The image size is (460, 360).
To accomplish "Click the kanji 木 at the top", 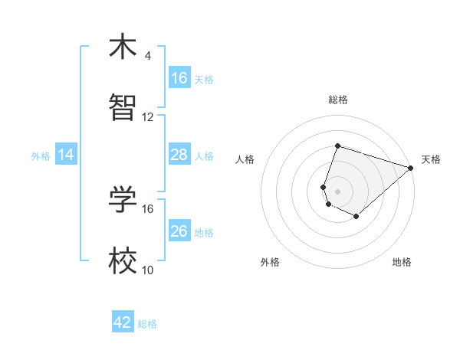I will tap(123, 48).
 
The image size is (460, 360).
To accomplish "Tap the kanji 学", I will tap(123, 201).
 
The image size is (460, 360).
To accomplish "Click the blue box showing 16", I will tap(179, 78).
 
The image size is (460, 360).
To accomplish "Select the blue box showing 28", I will tap(179, 155).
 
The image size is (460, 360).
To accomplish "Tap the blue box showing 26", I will tap(179, 231).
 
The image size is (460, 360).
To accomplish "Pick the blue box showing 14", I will tap(66, 155).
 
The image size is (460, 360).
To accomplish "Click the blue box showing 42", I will tap(123, 322).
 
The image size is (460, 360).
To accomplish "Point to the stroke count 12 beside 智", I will tap(148, 116).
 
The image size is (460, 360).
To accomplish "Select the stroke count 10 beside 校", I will tap(148, 270).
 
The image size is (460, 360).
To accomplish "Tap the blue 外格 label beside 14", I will tap(41, 155).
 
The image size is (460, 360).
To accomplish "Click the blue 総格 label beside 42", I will tap(147, 323).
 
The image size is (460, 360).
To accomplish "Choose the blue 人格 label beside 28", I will tap(204, 155).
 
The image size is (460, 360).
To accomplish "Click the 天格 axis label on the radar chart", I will tap(431, 159).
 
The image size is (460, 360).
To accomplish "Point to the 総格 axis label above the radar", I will tap(337, 100).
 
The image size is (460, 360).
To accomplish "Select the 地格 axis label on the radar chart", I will tap(402, 262).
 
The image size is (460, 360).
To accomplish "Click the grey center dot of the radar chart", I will tap(337, 191).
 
